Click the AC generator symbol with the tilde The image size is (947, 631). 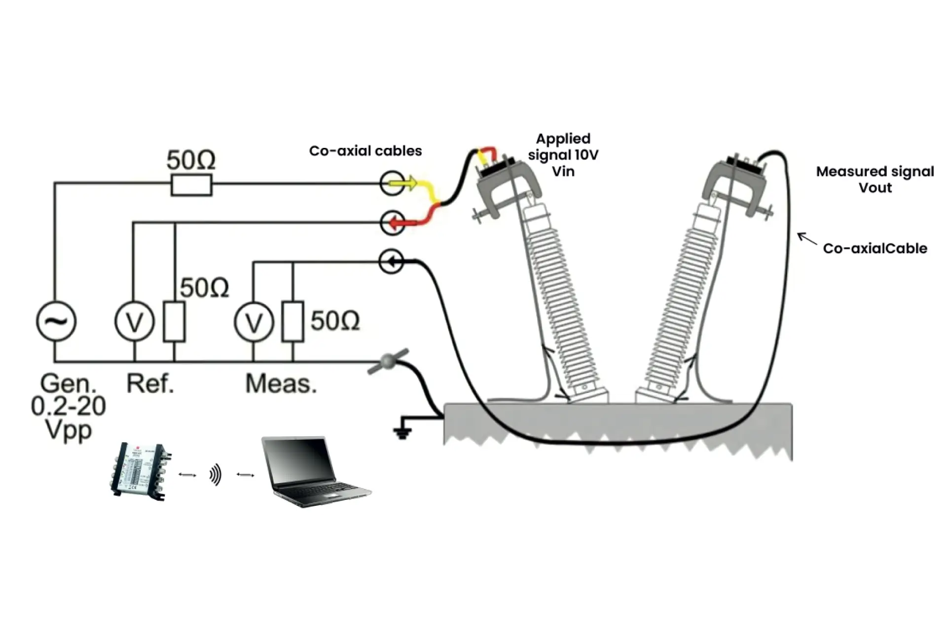pyautogui.click(x=56, y=321)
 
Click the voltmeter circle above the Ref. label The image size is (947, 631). pyautogui.click(x=135, y=321)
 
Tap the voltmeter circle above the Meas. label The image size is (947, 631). pyautogui.click(x=254, y=322)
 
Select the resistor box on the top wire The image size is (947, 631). pyautogui.click(x=191, y=184)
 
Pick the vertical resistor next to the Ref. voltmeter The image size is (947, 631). pyautogui.click(x=174, y=321)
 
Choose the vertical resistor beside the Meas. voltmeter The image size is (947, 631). pyautogui.click(x=293, y=321)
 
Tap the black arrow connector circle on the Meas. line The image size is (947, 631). pyautogui.click(x=392, y=262)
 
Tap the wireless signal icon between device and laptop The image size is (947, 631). pyautogui.click(x=216, y=475)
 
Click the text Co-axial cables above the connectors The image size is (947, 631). pyautogui.click(x=365, y=151)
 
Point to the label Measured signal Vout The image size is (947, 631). pyautogui.click(x=875, y=179)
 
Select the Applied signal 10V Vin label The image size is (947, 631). pyautogui.click(x=563, y=155)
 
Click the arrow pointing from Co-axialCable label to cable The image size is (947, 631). pyautogui.click(x=807, y=239)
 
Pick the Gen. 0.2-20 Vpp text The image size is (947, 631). pyautogui.click(x=68, y=407)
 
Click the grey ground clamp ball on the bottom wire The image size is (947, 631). pyautogui.click(x=388, y=361)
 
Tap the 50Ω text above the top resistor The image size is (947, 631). pyautogui.click(x=191, y=160)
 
